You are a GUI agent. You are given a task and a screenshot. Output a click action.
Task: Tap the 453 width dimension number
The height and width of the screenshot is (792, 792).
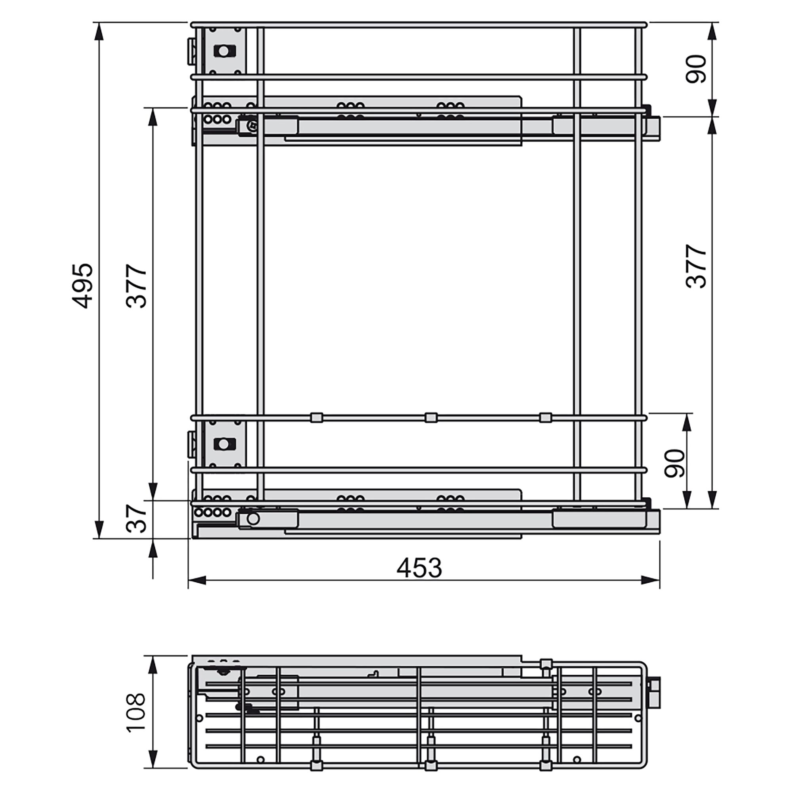[419, 568]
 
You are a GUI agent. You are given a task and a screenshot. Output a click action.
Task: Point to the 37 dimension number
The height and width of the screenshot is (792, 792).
[137, 518]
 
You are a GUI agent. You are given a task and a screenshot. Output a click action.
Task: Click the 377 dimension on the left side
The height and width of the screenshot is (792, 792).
[137, 286]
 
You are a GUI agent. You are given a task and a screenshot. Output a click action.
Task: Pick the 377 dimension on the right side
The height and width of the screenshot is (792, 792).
[697, 266]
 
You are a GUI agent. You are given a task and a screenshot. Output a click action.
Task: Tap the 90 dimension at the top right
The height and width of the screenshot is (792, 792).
[697, 69]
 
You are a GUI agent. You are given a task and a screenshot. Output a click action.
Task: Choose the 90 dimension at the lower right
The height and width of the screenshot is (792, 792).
[674, 463]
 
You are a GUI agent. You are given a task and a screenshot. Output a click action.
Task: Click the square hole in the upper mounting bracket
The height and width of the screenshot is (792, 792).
[224, 51]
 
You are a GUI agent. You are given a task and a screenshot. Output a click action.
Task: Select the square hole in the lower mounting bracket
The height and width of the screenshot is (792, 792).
[224, 444]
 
